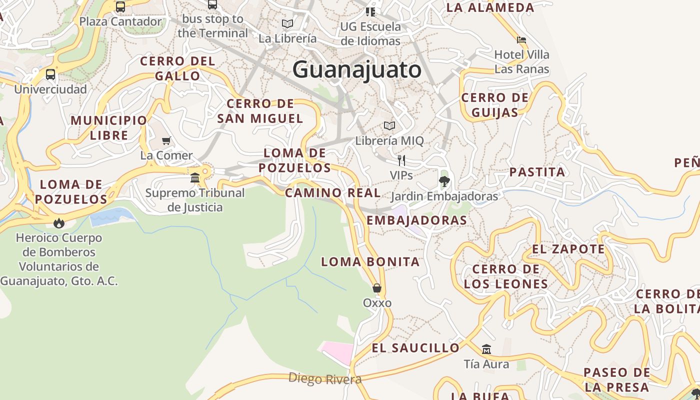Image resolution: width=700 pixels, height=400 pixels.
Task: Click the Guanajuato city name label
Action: click(357, 69)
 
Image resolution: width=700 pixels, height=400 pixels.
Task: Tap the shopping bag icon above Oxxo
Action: click(377, 288)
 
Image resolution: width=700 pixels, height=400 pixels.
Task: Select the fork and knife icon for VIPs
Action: click(401, 160)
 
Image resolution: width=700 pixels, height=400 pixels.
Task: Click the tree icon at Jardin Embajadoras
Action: click(444, 181)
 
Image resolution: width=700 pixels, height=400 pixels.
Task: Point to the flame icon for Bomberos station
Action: click(59, 223)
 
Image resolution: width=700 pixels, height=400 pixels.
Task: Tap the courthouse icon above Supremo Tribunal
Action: click(195, 177)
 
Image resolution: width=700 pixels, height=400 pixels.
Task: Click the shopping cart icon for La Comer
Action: click(166, 141)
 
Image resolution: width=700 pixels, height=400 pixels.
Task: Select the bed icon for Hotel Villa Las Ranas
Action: click(521, 40)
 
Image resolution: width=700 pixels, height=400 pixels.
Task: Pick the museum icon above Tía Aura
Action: click(486, 349)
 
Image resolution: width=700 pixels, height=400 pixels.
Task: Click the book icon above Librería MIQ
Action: click(389, 125)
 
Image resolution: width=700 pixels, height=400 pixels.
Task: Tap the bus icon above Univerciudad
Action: click(50, 74)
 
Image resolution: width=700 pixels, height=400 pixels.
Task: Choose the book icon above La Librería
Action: click(287, 23)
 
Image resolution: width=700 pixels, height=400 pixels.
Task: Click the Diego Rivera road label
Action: click(325, 378)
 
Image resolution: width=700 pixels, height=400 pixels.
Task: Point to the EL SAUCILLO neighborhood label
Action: click(415, 347)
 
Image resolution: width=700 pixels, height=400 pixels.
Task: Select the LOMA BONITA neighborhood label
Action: click(370, 261)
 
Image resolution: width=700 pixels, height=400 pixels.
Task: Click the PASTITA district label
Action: click(537, 172)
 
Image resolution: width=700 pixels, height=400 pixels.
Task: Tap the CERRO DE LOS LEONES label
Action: click(505, 276)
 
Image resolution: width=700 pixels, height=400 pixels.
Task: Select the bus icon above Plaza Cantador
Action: click(120, 7)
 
